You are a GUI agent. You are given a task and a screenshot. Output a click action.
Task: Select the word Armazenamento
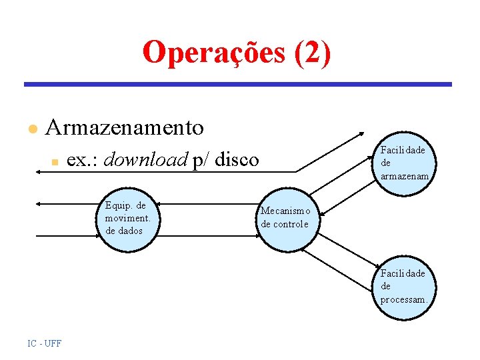(124, 127)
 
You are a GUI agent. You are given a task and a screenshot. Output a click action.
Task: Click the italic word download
(146, 160)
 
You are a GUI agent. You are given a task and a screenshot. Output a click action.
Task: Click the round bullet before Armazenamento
(30, 129)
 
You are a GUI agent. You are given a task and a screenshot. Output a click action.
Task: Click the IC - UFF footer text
(45, 343)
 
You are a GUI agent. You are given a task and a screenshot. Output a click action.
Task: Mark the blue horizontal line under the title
(238, 85)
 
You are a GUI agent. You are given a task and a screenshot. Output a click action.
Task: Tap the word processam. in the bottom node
(403, 299)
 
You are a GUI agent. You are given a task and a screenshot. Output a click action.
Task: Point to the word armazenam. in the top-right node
(403, 176)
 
